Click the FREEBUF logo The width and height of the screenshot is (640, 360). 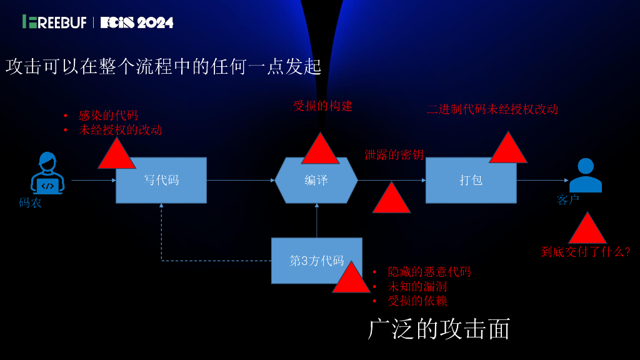[x=56, y=22]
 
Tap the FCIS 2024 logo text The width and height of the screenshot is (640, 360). [x=137, y=22]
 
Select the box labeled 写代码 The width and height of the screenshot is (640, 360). [x=161, y=180]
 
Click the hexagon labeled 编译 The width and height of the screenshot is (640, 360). [x=316, y=180]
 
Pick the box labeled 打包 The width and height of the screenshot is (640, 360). [x=471, y=180]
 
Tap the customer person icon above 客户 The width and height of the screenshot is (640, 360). [x=586, y=176]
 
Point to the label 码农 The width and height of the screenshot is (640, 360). [x=30, y=202]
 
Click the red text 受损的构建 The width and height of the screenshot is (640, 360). [x=323, y=106]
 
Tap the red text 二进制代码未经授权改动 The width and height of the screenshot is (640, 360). [x=492, y=109]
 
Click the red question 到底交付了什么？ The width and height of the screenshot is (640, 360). [x=586, y=252]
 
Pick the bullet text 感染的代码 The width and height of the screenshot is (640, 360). [x=108, y=116]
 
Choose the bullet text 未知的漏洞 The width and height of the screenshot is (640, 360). [x=417, y=287]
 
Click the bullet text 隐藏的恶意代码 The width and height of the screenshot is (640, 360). [x=429, y=272]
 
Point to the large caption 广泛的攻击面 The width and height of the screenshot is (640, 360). [x=439, y=329]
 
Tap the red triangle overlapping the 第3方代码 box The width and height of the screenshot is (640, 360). [x=351, y=279]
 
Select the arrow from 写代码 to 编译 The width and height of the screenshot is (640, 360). [x=241, y=181]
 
